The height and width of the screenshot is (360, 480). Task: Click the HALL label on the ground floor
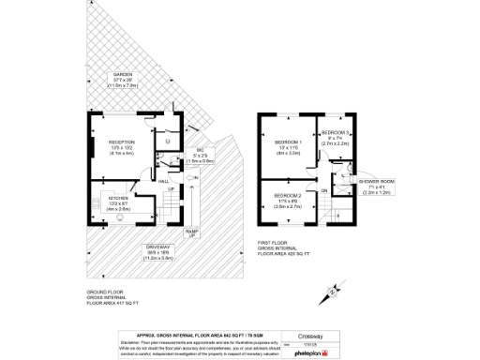point(163,181)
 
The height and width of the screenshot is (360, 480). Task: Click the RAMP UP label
point(191,232)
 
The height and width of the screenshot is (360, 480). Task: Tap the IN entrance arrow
point(196,177)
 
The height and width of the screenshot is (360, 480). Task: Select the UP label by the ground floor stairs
point(171,190)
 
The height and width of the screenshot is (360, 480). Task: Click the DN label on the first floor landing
point(323,190)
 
